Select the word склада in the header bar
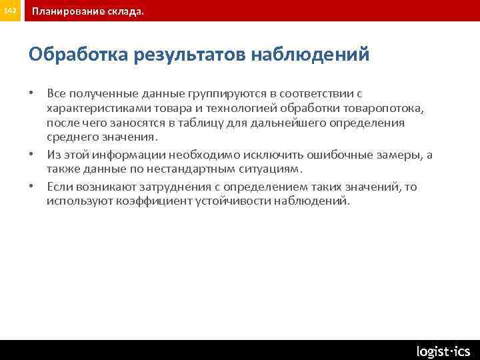[124, 11]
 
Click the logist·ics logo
[443, 351]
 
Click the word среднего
[71, 138]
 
